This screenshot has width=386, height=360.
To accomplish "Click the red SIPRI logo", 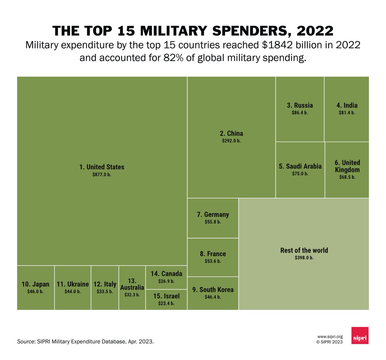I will point(360,336).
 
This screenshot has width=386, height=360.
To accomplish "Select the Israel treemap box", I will point(166,299).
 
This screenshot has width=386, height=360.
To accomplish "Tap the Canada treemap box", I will point(166,277).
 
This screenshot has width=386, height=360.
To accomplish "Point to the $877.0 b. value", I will point(102,175).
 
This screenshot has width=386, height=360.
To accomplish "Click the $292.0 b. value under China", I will point(231,141).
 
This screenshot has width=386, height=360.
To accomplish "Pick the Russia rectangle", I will point(300,109).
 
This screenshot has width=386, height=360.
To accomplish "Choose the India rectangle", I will point(347,109).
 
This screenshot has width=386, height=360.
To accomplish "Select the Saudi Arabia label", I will point(300,166).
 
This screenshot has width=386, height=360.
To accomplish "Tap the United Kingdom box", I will point(347,170).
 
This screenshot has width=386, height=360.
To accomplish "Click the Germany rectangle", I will point(213,218).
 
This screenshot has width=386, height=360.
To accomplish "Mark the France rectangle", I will point(213,257).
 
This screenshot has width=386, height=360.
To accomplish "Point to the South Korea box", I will point(213,293).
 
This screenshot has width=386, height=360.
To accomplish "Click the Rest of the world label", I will point(304,251).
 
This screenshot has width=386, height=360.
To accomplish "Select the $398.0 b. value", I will point(304,258).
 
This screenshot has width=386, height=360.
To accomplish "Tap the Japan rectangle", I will point(35,288).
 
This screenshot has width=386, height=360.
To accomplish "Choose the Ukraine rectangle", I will point(73,288).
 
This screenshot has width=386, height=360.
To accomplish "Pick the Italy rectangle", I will point(105,288).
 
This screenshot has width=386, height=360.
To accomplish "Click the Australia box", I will point(132,288).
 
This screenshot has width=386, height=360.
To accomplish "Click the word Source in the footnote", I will point(26,341).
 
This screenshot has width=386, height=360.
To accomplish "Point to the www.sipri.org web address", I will point(330,336).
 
